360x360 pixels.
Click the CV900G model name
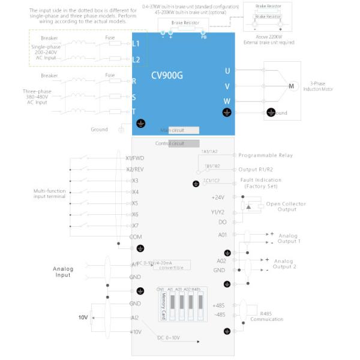168,76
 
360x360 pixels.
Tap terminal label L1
136,44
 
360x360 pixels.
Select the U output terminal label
227,71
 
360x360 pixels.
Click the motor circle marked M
292,86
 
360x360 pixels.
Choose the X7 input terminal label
135,225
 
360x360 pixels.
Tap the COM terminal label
136,236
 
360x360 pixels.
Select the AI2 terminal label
135,317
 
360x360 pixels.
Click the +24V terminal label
218,197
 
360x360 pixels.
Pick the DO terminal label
222,222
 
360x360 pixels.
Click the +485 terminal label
218,305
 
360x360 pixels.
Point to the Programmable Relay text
265,155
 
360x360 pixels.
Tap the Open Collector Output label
286,206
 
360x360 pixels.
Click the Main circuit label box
173,130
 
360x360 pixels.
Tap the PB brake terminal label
203,36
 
